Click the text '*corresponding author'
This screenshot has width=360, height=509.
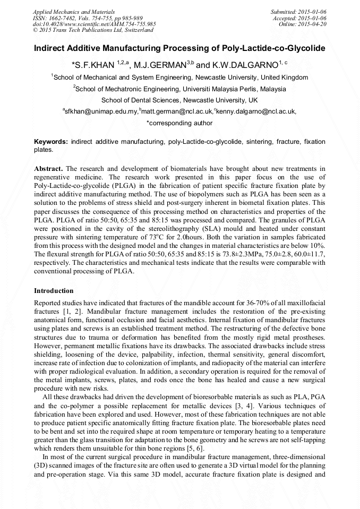pyautogui.click(x=179, y=123)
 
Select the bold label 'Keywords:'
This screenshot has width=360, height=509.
pyautogui.click(x=51, y=142)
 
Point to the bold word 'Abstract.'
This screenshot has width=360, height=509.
pyautogui.click(x=48, y=168)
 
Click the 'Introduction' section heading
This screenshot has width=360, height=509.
pyautogui.click(x=54, y=291)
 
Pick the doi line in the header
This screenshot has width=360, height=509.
pyautogui.click(x=95, y=24)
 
